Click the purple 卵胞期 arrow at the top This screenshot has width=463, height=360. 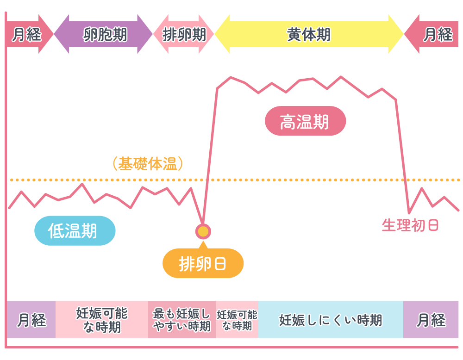tap(103, 34)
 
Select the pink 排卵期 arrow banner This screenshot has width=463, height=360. tap(184, 34)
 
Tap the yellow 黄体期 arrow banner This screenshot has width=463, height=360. tap(309, 34)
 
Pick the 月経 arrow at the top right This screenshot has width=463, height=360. tap(434, 34)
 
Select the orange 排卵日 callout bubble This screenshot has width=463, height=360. tap(202, 263)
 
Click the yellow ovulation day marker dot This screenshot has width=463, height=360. tap(203, 231)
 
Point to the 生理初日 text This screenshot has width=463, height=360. tap(410, 225)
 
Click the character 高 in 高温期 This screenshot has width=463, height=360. tap(288, 122)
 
